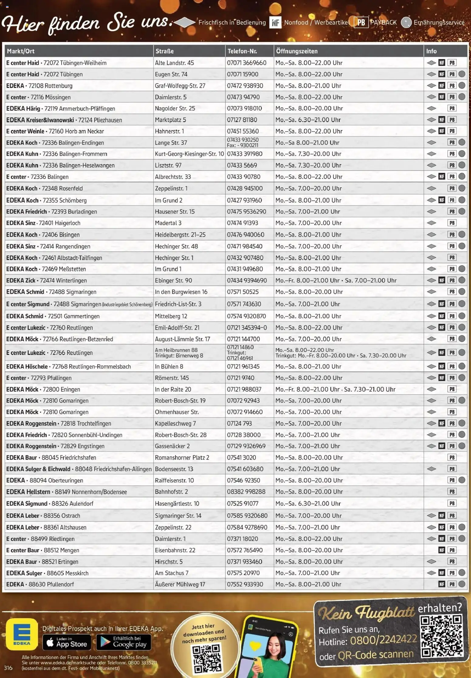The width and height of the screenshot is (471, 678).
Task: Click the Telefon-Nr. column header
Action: point(242,51)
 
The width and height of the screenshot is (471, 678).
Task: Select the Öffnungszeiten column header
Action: point(297,51)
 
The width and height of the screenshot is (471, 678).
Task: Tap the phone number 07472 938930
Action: point(245,86)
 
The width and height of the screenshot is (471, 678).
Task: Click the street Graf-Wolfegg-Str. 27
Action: point(180,86)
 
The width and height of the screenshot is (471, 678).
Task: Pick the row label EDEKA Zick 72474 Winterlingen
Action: point(46,280)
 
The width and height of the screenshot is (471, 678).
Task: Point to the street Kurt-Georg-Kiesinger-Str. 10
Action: point(189,154)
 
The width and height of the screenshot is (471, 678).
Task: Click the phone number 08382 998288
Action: point(246,492)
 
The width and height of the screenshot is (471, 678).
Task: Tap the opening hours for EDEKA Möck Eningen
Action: point(335,389)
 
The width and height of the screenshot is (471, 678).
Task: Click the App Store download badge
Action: point(67,642)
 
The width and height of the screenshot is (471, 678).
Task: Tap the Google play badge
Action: point(124,642)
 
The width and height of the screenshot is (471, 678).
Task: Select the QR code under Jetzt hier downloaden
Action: point(206,658)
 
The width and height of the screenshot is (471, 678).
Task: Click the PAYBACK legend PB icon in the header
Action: point(361,23)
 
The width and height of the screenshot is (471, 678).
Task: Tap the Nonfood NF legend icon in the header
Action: point(275,23)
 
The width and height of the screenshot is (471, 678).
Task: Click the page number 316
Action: point(8,668)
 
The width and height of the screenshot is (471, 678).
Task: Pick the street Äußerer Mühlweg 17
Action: point(180,584)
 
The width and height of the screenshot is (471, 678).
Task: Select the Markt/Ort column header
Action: point(21,51)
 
